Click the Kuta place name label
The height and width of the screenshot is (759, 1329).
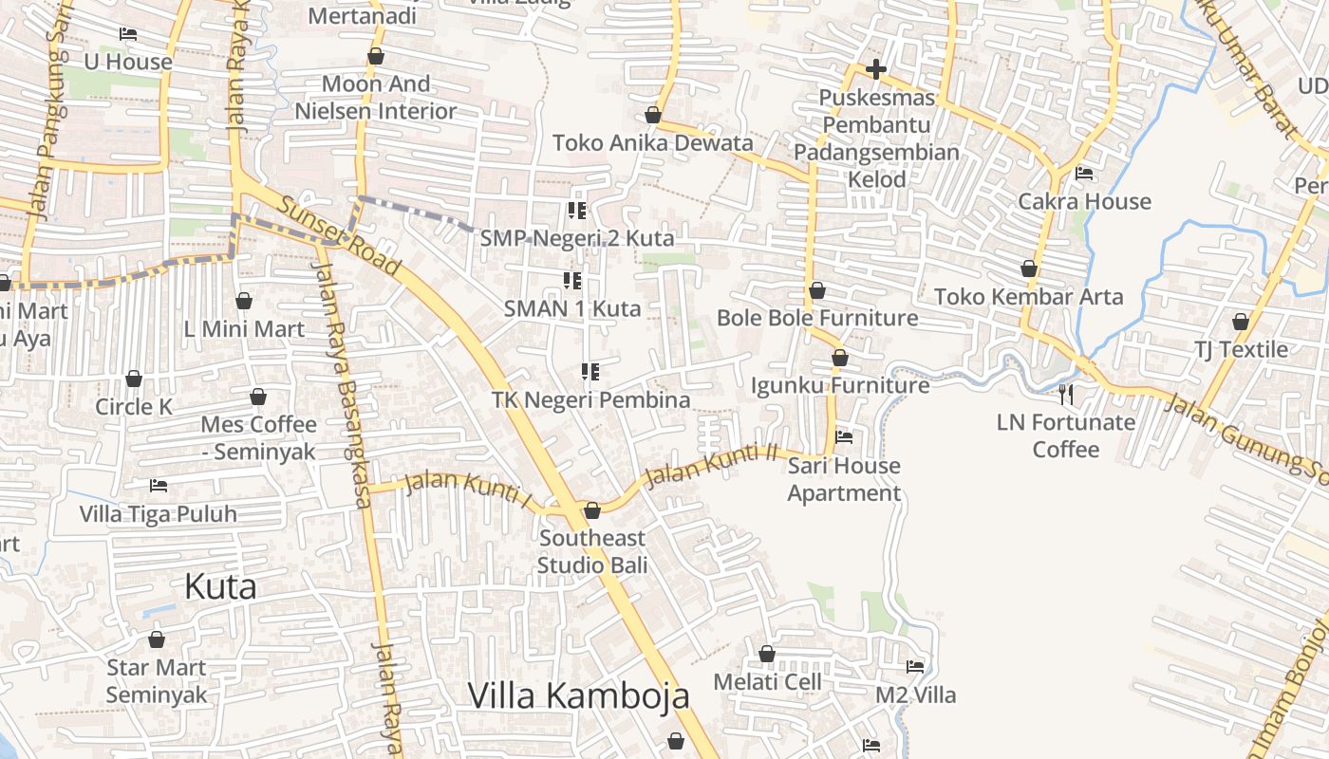220,586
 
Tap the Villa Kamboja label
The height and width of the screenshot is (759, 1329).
579,695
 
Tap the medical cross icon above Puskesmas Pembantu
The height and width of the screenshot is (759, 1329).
876,69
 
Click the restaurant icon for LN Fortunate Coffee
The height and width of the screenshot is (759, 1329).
1066,394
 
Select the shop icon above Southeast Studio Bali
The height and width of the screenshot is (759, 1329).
592,511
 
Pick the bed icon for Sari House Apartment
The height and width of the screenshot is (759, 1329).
844,437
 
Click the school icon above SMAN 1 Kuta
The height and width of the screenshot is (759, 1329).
572,280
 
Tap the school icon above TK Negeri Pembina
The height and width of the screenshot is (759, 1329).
590,371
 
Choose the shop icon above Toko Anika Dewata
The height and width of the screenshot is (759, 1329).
653,116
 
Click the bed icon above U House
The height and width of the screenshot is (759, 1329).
128,34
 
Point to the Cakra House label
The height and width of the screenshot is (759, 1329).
1084,201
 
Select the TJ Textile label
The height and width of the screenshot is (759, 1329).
1242,349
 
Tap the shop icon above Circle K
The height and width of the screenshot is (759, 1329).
134,379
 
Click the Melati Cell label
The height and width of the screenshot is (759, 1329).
767,681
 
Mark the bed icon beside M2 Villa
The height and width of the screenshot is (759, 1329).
915,667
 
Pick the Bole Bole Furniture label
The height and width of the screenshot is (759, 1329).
817,318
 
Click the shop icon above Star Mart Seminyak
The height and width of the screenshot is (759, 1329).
157,639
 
